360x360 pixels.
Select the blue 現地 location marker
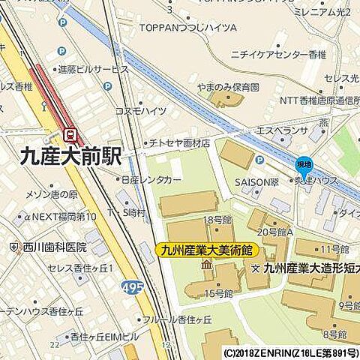click(303, 165)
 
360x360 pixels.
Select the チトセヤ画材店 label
click(178, 142)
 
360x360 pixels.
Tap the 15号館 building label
click(218, 293)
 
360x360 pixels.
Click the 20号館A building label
click(270, 232)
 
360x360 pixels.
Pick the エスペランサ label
click(282, 130)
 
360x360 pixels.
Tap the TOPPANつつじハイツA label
click(187, 28)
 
